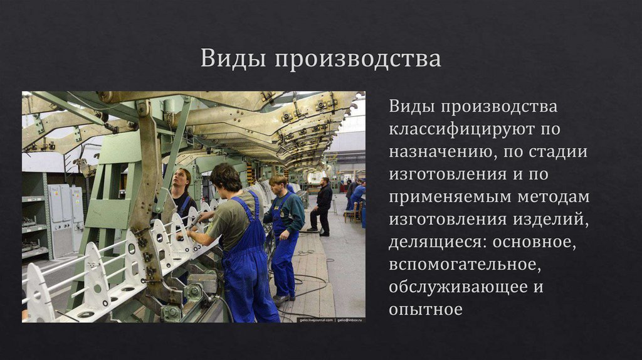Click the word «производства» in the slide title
[x=356, y=60]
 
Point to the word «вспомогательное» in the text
[x=463, y=265]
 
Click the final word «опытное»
[x=425, y=310]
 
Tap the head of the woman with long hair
[x=181, y=178]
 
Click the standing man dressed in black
[x=324, y=204]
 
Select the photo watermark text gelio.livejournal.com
[x=316, y=319]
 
